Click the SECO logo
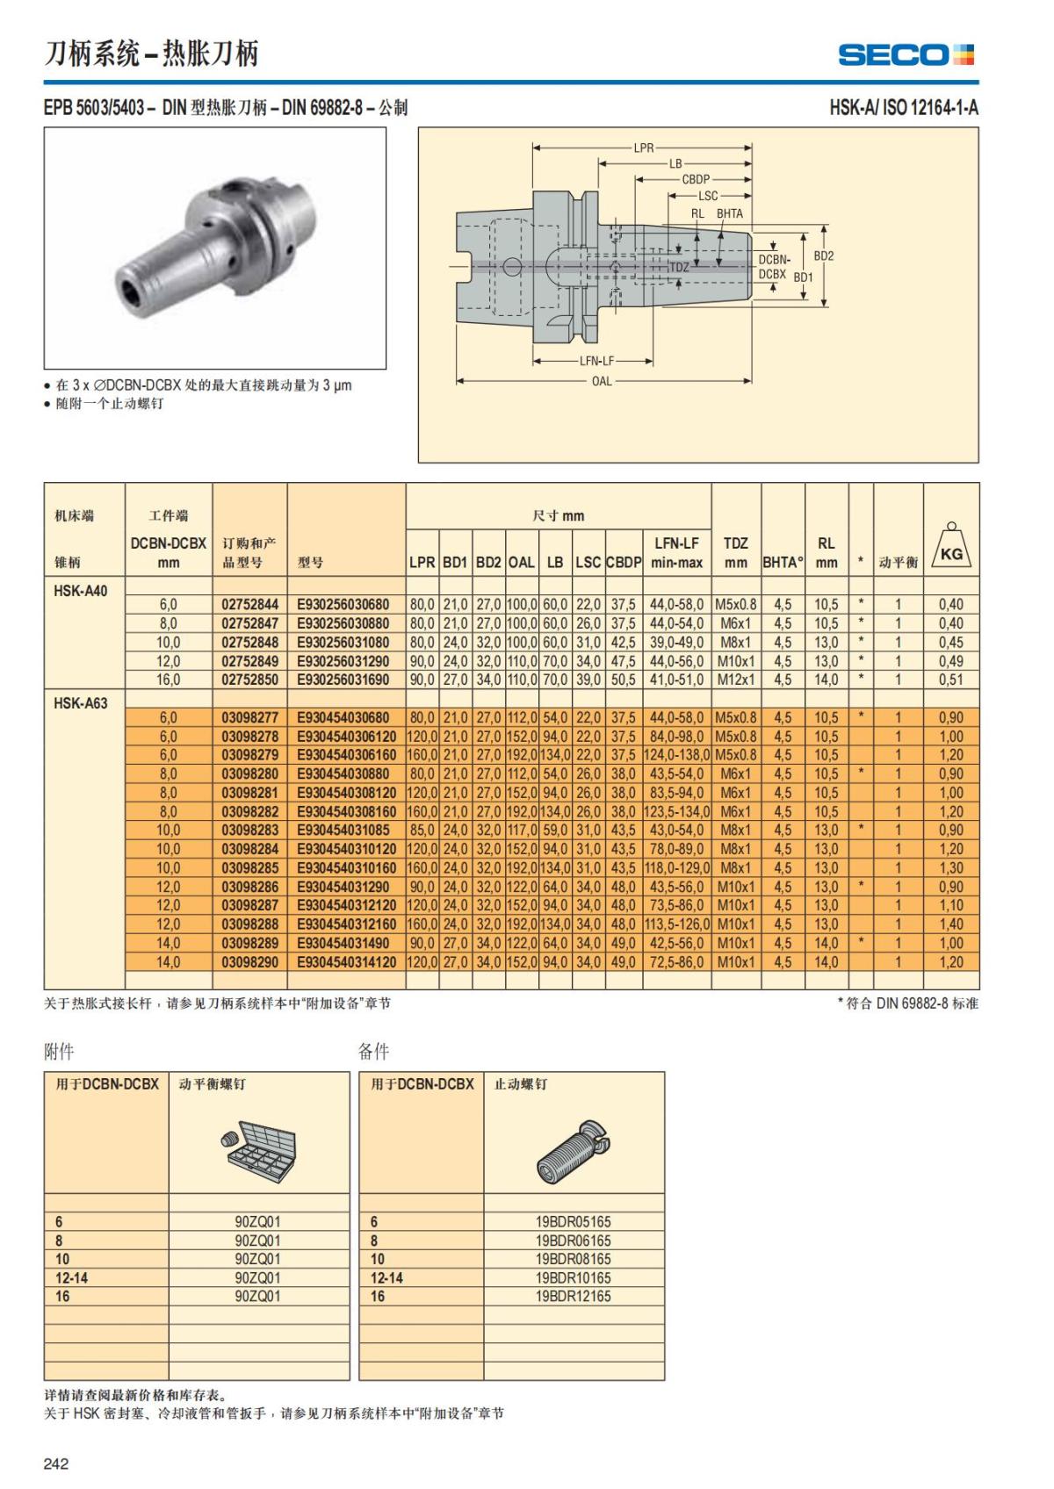coord(906,54)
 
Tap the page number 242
coord(56,1464)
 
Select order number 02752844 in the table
coord(249,605)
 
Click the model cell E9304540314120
coord(346,962)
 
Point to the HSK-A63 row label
coord(81,703)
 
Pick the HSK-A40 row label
coord(81,591)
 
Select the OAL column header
coord(521,562)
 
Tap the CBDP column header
coord(624,562)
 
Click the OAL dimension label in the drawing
coord(602,381)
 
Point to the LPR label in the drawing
coord(644,147)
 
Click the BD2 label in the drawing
coord(823,256)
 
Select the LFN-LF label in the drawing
coord(596,361)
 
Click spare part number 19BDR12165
coord(573,1297)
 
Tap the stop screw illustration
coord(574,1150)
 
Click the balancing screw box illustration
coord(259,1148)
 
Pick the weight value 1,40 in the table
coord(950,924)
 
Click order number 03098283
coord(249,831)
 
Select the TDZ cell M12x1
coord(735,680)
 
